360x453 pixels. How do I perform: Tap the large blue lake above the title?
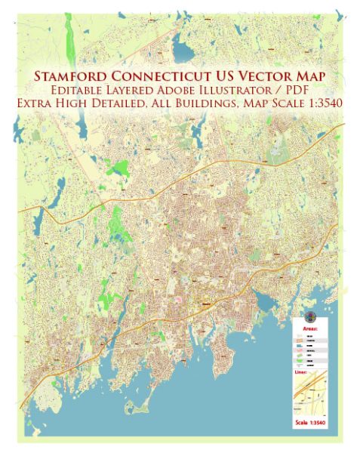click(183, 51)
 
